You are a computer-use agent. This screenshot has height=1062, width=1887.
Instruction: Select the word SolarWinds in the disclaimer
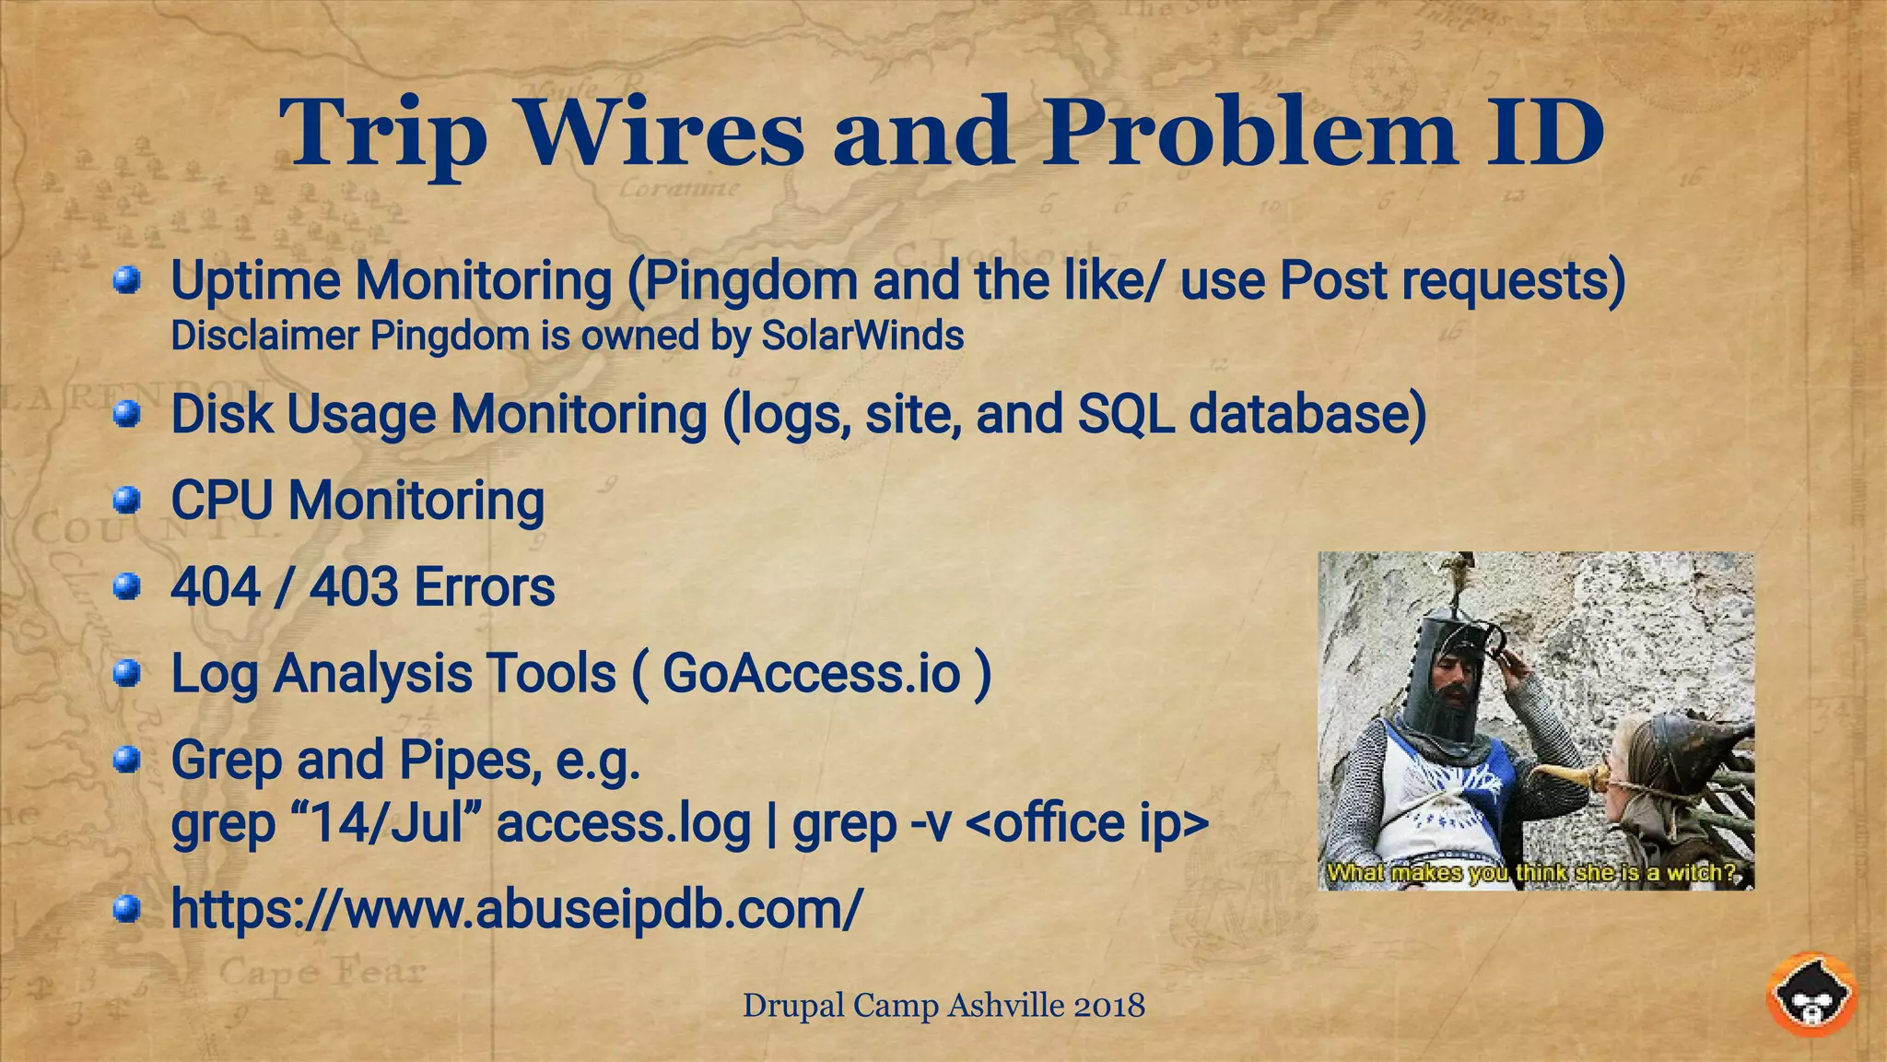coord(861,336)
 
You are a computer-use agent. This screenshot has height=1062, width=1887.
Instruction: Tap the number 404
coord(216,587)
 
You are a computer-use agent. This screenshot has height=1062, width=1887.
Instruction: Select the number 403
coord(354,587)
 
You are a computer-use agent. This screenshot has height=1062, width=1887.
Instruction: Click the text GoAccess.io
coord(811,673)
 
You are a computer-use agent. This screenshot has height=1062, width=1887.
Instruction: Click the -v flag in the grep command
coord(930,823)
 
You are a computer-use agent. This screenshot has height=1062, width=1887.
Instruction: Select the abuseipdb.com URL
coord(516,910)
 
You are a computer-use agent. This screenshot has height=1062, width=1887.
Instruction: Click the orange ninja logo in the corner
coord(1811,996)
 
